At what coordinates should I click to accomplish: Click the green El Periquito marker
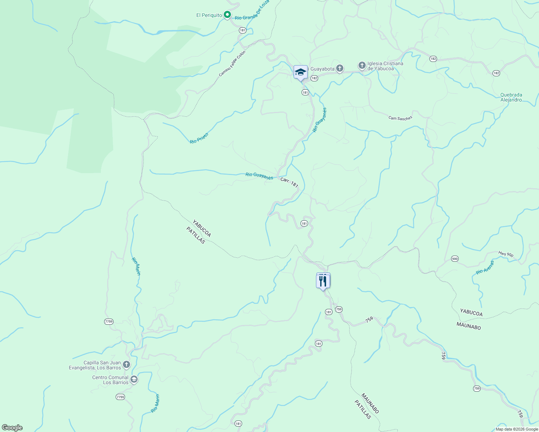227,15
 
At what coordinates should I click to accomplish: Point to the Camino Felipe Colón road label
232,63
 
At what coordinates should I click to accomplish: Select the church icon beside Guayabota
339,68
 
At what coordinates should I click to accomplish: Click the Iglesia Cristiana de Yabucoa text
385,66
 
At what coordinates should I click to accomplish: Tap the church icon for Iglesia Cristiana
362,66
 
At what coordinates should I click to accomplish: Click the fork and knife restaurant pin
323,281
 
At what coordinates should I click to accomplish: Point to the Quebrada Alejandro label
511,97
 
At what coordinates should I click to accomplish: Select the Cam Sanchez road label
400,118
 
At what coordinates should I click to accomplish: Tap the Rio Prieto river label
199,138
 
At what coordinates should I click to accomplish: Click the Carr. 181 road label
289,182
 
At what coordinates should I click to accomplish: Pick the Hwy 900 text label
506,254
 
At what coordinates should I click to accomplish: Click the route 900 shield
455,259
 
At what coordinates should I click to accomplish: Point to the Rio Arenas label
485,267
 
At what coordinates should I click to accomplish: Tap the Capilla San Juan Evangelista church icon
126,365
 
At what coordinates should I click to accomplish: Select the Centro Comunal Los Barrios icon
134,379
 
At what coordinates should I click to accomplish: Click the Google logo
12,428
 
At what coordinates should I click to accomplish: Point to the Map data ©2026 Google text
516,429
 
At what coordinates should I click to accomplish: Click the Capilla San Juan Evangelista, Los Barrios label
95,365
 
